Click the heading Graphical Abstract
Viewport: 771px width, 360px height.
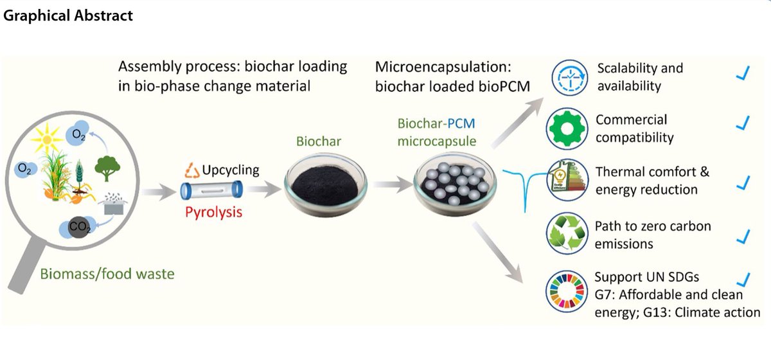coord(68,15)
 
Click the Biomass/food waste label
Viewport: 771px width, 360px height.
coord(107,274)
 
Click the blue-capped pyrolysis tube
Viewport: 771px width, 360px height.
coord(212,190)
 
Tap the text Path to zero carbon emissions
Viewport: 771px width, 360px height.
coord(652,235)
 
